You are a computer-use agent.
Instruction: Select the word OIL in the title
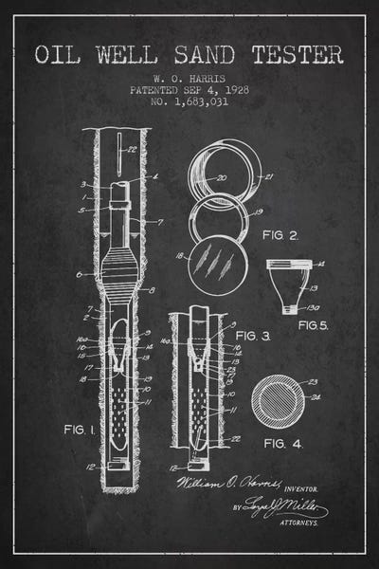click(59, 54)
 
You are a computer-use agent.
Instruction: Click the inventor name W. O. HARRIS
click(189, 80)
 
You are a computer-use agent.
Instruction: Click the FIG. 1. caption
click(77, 430)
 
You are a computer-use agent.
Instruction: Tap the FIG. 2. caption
click(282, 232)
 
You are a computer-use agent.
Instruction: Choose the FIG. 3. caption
click(253, 336)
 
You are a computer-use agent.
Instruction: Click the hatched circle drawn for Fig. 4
click(278, 400)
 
